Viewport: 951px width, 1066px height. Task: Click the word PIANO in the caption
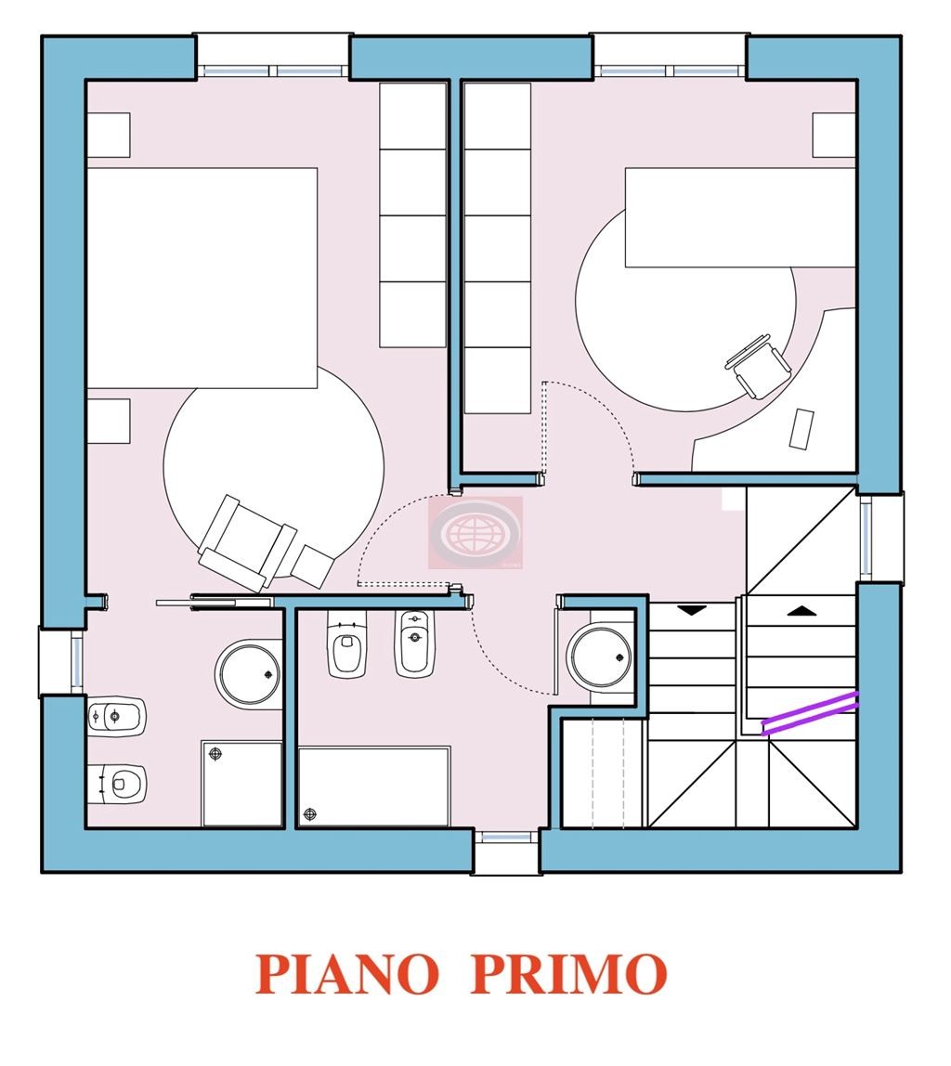point(346,973)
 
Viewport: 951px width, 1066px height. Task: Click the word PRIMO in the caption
point(568,973)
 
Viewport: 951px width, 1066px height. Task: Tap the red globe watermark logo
point(475,532)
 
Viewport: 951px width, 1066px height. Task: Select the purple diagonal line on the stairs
point(809,712)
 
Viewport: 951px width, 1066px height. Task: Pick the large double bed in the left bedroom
point(202,278)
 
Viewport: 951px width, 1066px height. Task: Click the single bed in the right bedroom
point(740,217)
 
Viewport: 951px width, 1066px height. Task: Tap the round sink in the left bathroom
point(249,674)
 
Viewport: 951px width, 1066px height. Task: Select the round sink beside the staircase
point(601,657)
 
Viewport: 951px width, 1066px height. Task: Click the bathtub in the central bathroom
point(374,786)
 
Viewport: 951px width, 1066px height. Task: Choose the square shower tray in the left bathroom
point(242,784)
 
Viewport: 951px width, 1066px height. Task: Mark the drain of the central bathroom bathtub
point(310,813)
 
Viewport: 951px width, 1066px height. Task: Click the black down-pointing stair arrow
point(692,610)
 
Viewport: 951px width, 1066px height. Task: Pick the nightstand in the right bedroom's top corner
point(834,135)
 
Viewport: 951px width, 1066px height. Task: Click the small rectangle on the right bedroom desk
point(801,428)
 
